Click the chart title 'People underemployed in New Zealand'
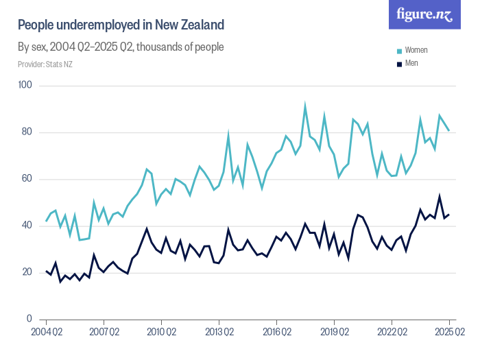[x=121, y=25]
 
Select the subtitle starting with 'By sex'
[x=121, y=47]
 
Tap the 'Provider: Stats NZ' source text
[x=45, y=64]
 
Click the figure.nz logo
[x=424, y=14]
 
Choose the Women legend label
[x=416, y=51]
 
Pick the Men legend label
[x=411, y=63]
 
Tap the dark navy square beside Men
[x=400, y=64]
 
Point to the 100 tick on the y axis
[x=26, y=86]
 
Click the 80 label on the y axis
[x=28, y=132]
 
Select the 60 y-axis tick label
[x=28, y=179]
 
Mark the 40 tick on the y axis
[x=28, y=226]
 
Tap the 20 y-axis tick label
[x=28, y=272]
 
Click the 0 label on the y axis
[x=30, y=319]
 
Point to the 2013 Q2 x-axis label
[x=219, y=333]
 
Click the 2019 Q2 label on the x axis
[x=334, y=333]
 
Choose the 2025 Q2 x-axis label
[x=449, y=333]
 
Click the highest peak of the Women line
[x=305, y=106]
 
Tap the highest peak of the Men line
[x=440, y=196]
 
